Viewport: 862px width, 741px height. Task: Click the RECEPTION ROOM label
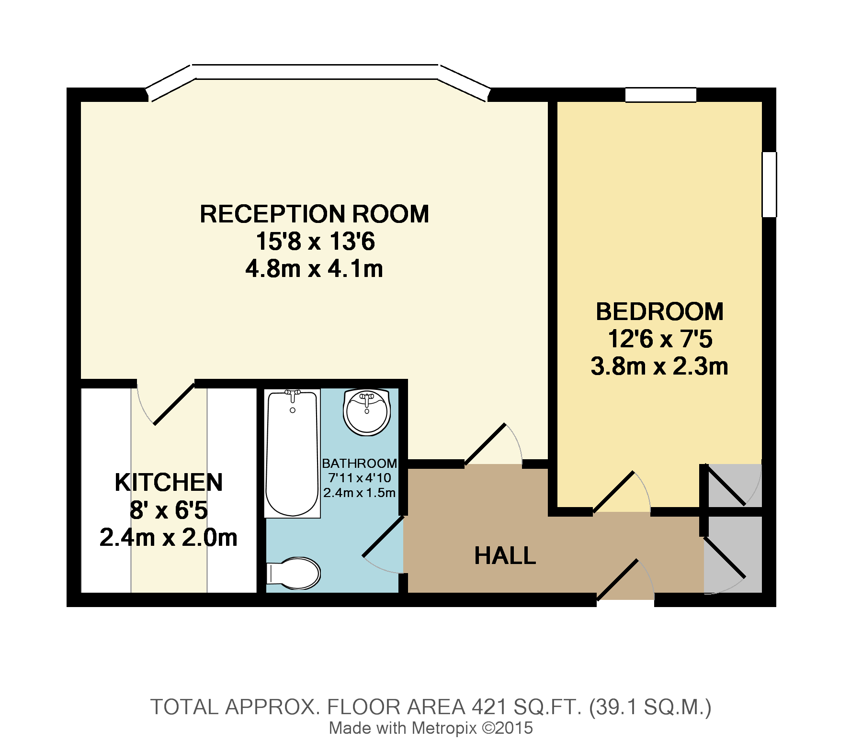314,214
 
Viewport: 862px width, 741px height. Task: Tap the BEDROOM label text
659,312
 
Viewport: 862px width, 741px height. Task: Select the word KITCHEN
169,482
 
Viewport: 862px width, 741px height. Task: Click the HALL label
505,556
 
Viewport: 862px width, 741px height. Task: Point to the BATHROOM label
359,463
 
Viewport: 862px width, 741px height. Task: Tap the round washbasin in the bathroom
367,412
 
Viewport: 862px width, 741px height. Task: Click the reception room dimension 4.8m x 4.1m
314,269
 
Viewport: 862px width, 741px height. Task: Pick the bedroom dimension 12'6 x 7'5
659,340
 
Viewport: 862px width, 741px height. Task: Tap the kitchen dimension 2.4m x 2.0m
169,538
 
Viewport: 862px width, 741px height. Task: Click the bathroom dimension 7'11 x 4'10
359,477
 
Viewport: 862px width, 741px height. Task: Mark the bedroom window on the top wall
660,95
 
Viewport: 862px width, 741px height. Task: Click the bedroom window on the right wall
769,185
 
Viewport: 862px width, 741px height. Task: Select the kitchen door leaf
173,403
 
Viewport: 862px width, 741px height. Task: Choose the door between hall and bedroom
614,491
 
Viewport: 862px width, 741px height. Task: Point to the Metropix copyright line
431,728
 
